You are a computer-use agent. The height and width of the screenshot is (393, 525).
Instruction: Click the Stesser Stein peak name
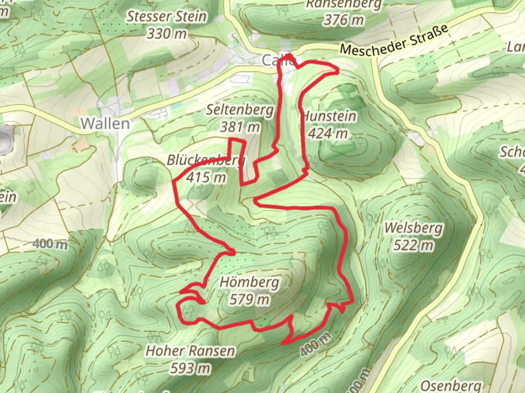click(x=167, y=16)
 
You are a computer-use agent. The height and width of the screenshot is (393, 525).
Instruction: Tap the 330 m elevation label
click(x=167, y=34)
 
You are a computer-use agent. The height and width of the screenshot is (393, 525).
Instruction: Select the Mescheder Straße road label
click(x=394, y=40)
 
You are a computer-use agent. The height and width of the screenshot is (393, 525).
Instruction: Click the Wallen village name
click(x=105, y=124)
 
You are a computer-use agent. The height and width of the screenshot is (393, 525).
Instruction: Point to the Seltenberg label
click(x=240, y=110)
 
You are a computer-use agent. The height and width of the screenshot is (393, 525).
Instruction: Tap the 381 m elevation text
click(x=240, y=127)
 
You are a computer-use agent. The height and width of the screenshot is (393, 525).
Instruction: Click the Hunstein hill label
click(x=330, y=116)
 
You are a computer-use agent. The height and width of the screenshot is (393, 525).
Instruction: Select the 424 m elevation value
click(x=328, y=134)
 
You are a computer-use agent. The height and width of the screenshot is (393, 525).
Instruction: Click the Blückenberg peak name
click(x=206, y=160)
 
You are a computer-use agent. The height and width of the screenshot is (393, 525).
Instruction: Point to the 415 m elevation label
click(x=206, y=178)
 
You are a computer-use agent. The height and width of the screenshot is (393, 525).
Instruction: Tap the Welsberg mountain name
click(x=414, y=228)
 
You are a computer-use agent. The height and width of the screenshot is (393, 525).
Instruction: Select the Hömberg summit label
click(x=250, y=282)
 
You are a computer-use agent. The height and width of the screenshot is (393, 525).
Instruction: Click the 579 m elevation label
click(x=250, y=299)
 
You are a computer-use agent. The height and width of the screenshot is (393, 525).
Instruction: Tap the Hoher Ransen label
click(x=190, y=351)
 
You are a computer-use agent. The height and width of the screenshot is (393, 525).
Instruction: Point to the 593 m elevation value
click(x=190, y=369)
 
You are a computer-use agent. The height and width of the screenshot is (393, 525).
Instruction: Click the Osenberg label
click(x=451, y=386)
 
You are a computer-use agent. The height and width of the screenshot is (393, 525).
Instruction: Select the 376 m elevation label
click(x=343, y=20)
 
